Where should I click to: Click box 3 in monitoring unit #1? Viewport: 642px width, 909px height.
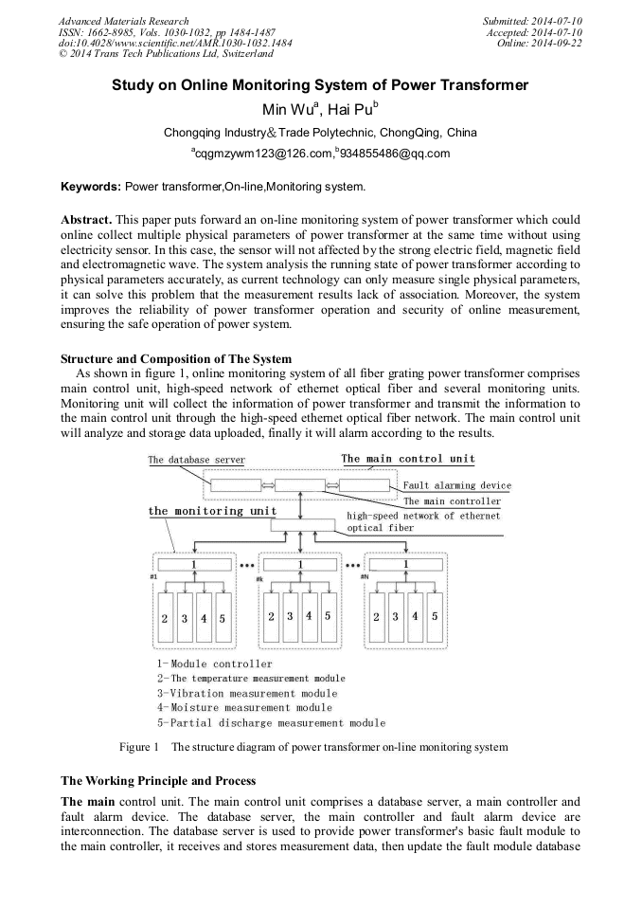184,617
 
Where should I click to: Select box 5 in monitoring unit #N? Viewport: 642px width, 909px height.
435,616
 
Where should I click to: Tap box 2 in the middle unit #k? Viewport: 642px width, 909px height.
272,616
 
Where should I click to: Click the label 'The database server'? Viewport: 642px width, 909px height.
196,460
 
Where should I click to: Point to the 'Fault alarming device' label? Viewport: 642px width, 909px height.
456,485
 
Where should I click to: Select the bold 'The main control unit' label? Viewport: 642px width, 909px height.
407,459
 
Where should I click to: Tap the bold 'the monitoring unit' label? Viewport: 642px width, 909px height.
212,511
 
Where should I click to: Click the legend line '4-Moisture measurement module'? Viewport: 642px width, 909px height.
244,707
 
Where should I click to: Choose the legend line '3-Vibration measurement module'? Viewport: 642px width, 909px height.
247,693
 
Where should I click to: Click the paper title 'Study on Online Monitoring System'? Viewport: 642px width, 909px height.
320,85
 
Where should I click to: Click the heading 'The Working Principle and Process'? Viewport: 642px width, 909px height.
158,781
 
